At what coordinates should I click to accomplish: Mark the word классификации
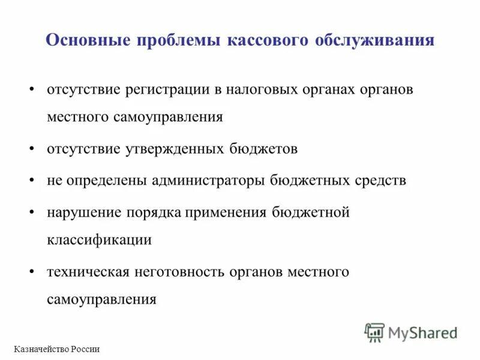click(x=99, y=240)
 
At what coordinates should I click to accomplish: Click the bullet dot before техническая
click(x=32, y=272)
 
